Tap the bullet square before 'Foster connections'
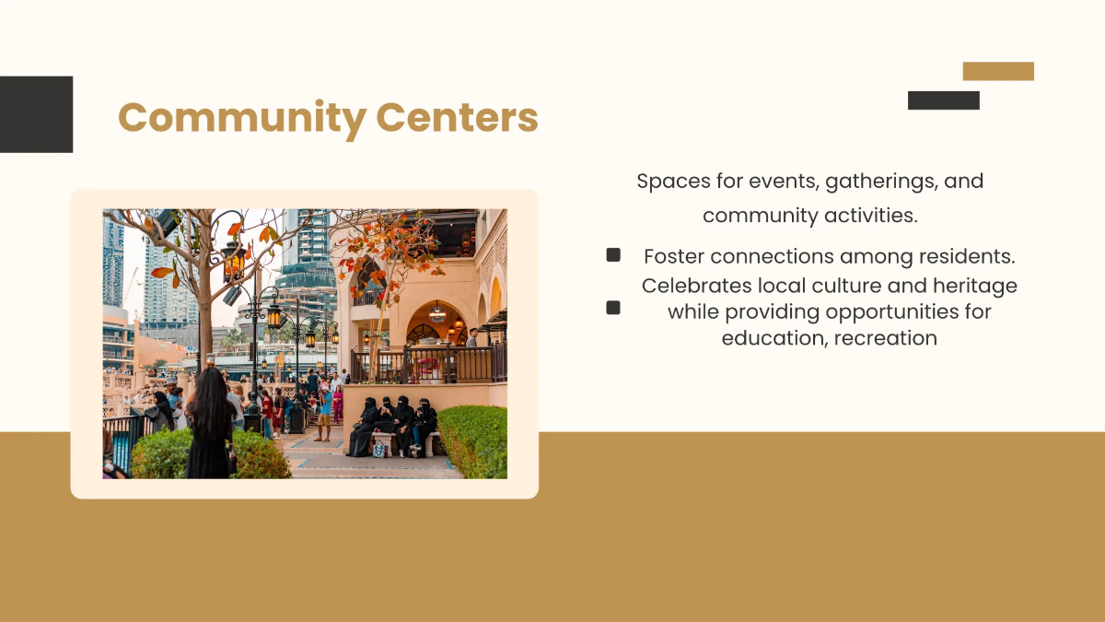613,255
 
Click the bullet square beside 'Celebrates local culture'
613,308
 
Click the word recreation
885,338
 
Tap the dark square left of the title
36,114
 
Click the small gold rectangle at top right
998,71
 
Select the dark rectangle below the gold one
943,100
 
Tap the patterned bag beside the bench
379,449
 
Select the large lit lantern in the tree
234,261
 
